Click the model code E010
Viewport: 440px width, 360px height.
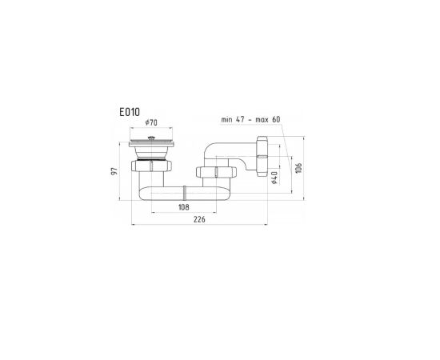130,112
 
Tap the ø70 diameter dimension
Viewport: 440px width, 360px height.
151,122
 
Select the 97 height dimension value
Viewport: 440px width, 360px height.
114,171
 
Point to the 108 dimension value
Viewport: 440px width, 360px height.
184,207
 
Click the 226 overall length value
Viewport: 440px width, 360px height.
199,219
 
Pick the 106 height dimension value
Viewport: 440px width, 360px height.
299,168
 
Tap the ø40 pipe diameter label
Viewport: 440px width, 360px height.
274,178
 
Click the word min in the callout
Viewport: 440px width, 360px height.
226,119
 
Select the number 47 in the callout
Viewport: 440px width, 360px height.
240,119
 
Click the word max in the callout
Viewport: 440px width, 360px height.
262,120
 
